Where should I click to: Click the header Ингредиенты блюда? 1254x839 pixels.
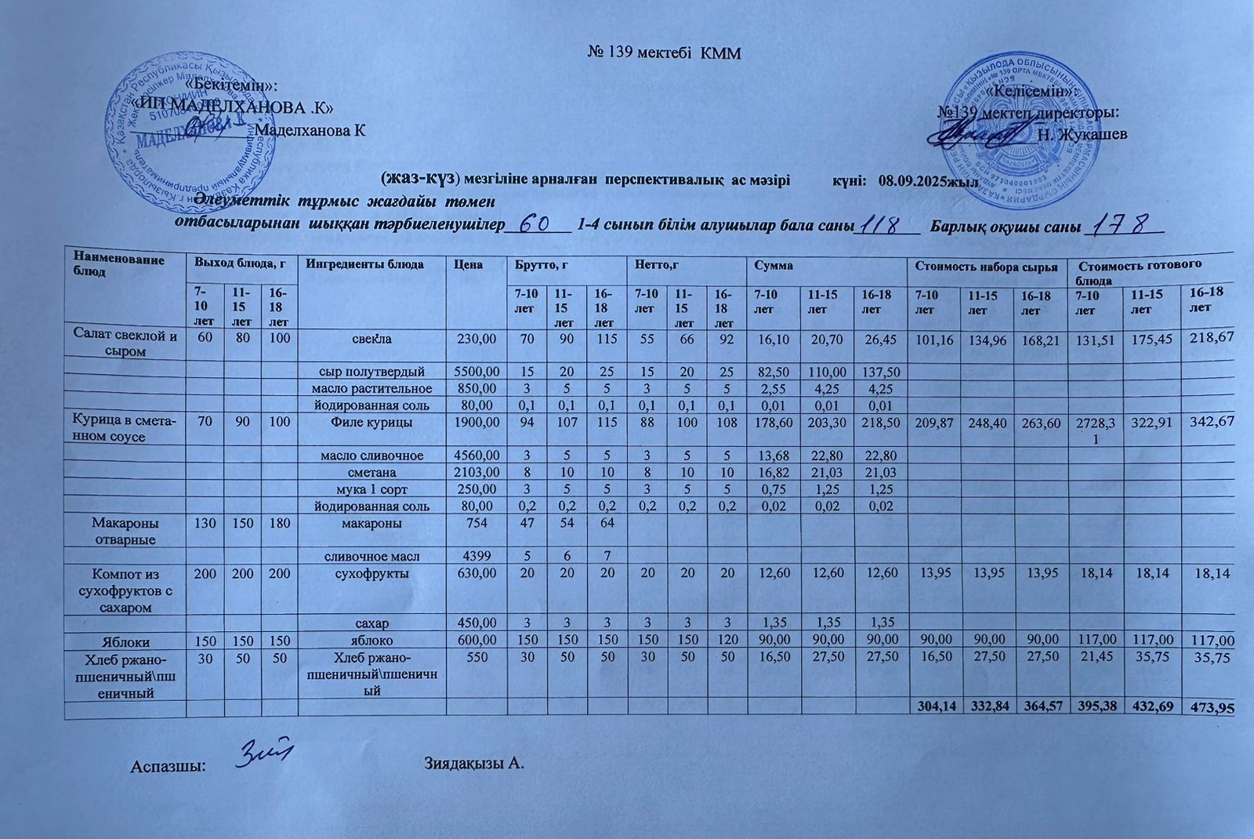point(364,264)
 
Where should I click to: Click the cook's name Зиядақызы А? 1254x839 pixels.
point(473,762)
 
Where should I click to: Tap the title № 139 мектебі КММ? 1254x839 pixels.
point(664,53)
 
